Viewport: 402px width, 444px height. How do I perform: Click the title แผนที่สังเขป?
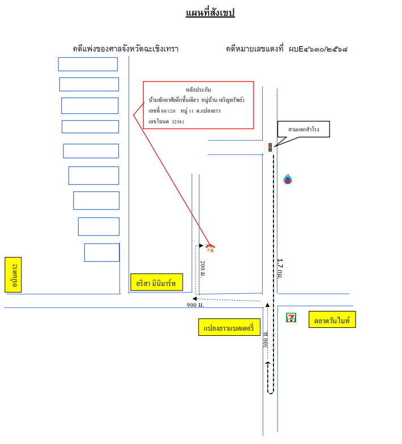pyautogui.click(x=210, y=12)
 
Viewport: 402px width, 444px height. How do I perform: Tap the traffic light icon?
pyautogui.click(x=270, y=147)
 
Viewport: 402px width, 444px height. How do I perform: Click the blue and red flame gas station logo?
pyautogui.click(x=288, y=179)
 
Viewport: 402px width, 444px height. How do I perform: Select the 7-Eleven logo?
pyautogui.click(x=291, y=317)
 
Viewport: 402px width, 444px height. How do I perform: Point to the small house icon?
pyautogui.click(x=211, y=248)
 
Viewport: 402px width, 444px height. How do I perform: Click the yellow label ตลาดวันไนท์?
pyautogui.click(x=332, y=319)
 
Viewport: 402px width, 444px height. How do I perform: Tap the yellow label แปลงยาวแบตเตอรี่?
pyautogui.click(x=229, y=327)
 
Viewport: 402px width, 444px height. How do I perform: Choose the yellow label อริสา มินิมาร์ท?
pyautogui.click(x=156, y=282)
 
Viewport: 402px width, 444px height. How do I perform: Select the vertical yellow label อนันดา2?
pyautogui.click(x=13, y=275)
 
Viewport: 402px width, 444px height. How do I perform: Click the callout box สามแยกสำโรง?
pyautogui.click(x=303, y=129)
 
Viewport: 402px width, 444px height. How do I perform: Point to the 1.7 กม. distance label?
pyautogui.click(x=280, y=268)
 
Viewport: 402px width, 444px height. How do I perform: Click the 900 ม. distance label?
pyautogui.click(x=195, y=305)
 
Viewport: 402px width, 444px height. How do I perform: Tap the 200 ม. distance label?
pyautogui.click(x=203, y=269)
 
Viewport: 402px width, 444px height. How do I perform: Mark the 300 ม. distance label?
pyautogui.click(x=266, y=339)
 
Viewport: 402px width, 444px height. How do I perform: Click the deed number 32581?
pyautogui.click(x=178, y=122)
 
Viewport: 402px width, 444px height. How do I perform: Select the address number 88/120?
pyautogui.click(x=168, y=111)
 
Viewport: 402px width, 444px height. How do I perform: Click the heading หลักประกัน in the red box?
pyautogui.click(x=198, y=89)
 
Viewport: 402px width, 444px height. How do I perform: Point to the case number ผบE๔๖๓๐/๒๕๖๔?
pyautogui.click(x=318, y=49)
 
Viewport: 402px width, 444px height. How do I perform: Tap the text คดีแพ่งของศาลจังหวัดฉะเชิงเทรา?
pyautogui.click(x=126, y=49)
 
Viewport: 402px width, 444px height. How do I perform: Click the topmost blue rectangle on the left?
pyautogui.click(x=88, y=65)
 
